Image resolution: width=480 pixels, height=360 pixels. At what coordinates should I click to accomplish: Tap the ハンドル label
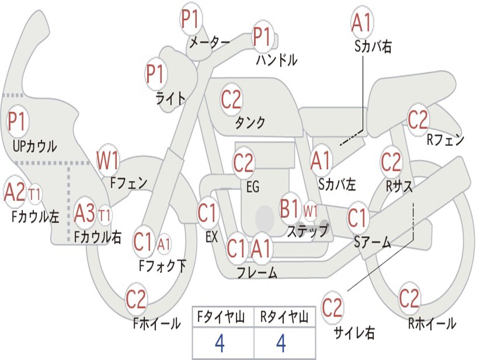pyautogui.click(x=277, y=60)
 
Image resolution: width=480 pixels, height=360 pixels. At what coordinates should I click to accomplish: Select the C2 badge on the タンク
pyautogui.click(x=231, y=99)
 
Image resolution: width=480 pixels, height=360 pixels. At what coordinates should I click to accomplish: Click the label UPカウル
pyautogui.click(x=35, y=146)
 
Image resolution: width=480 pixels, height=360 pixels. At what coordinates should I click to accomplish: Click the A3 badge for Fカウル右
pyautogui.click(x=85, y=214)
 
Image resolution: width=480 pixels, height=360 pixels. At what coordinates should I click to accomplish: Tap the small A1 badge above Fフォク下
pyautogui.click(x=164, y=244)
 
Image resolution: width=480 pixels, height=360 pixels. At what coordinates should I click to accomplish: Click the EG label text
pyautogui.click(x=252, y=187)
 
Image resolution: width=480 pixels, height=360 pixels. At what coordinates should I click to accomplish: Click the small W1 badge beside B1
pyautogui.click(x=311, y=210)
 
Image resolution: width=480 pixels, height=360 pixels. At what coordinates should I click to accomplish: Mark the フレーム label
pyautogui.click(x=257, y=272)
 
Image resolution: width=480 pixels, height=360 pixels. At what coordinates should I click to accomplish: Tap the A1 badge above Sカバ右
pyautogui.click(x=361, y=22)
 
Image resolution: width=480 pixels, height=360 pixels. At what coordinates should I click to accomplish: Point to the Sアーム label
pyautogui.click(x=372, y=242)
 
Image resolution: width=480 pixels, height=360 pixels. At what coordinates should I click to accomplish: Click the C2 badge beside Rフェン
pyautogui.click(x=418, y=120)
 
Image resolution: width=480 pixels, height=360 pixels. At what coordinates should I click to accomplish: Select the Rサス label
pyautogui.click(x=399, y=186)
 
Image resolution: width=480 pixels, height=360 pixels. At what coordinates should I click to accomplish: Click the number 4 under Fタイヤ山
pyautogui.click(x=219, y=344)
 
